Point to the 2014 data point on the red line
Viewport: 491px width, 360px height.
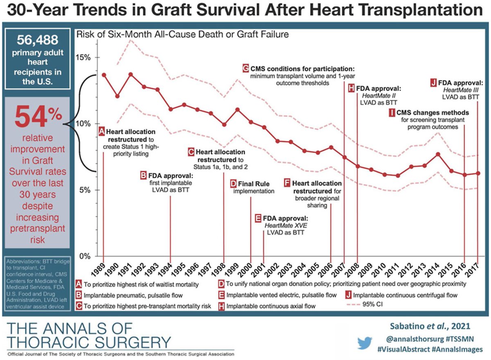[438, 154]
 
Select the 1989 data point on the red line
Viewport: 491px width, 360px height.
[104, 75]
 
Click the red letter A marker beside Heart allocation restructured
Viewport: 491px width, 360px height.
[102, 132]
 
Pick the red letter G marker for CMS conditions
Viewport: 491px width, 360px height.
[245, 68]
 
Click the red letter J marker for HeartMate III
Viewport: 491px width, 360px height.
[433, 81]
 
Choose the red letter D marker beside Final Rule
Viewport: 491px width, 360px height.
[234, 183]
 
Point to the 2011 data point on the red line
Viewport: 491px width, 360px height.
[398, 175]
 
